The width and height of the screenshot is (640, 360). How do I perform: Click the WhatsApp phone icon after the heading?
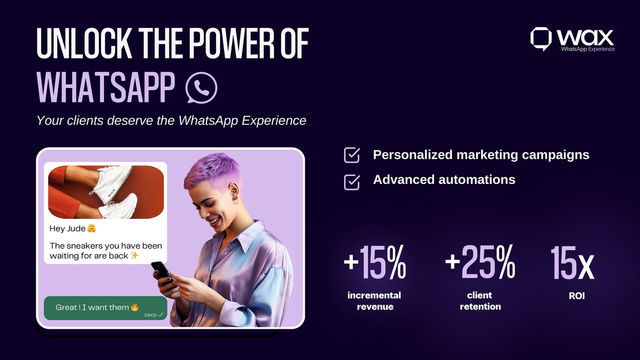coord(201,87)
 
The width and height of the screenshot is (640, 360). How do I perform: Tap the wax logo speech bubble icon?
coord(540,38)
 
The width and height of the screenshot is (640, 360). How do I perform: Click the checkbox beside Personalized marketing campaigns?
coord(352,155)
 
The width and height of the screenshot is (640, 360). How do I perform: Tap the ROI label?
coord(576,295)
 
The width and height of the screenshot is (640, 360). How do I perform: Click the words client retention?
coord(480,300)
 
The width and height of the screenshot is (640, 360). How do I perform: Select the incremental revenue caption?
coord(374,300)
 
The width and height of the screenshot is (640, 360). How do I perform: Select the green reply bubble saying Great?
coord(105,308)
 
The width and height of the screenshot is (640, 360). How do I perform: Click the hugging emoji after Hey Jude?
coord(91,228)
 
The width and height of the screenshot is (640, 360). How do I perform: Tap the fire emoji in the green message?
coord(134,307)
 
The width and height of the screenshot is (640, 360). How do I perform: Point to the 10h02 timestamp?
coord(150,315)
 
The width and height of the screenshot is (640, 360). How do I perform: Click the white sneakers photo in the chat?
coord(106,192)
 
